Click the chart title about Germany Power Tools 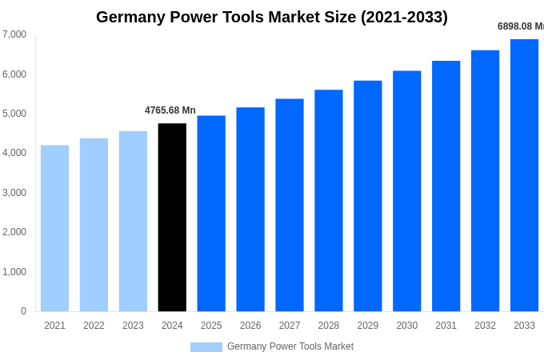click(272, 17)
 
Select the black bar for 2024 click(172, 217)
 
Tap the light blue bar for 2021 click(54, 228)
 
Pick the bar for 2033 click(524, 175)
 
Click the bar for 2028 click(328, 200)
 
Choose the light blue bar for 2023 click(133, 221)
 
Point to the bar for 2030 click(406, 191)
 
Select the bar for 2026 click(250, 209)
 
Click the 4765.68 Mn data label click(170, 110)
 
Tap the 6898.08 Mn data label click(520, 26)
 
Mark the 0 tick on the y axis click(23, 311)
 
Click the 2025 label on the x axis click(211, 326)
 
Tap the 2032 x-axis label click(485, 326)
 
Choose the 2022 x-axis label click(94, 326)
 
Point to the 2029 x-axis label click(367, 326)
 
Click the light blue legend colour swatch click(206, 347)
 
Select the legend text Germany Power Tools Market click(290, 346)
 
